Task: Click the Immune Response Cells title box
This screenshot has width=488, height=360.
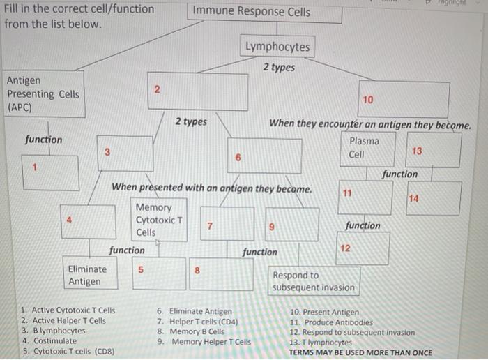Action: [252, 11]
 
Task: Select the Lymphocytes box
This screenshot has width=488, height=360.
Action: [277, 47]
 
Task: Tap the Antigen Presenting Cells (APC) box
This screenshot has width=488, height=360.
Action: [43, 94]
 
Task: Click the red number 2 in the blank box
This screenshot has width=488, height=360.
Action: [157, 89]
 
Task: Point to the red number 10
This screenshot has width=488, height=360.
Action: [368, 100]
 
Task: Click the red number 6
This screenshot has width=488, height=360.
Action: [238, 158]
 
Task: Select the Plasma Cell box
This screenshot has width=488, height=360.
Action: [365, 147]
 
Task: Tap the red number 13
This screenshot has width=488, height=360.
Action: [417, 151]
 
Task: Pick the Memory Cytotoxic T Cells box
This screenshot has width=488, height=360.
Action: [160, 220]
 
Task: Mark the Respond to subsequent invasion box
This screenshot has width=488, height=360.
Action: [314, 281]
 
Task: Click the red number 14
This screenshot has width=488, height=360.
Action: [414, 199]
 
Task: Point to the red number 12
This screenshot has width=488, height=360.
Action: [344, 248]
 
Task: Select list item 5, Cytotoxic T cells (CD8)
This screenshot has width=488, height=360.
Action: [68, 352]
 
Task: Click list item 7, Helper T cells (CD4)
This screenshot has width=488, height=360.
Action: [198, 322]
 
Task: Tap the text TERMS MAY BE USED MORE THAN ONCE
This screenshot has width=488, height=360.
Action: [360, 352]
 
